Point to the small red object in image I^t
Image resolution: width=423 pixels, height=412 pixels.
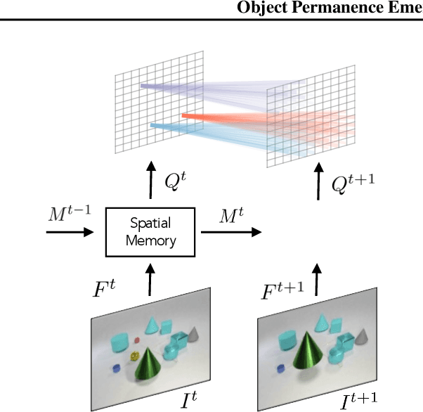coord(138,341)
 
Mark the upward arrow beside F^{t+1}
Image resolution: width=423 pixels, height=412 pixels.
coord(318,280)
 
